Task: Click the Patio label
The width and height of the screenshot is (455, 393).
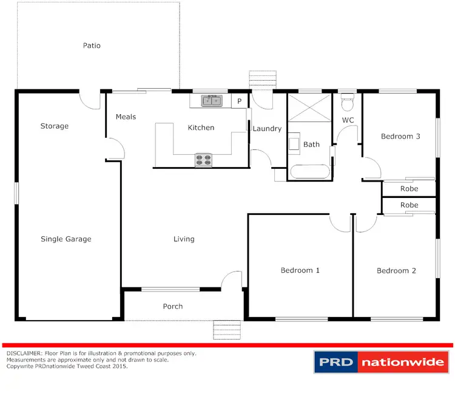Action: [x=92, y=46]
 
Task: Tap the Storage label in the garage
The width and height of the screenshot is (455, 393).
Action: [x=55, y=126]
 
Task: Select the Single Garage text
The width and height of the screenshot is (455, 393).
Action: [x=66, y=239]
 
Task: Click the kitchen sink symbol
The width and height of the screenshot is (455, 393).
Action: [x=212, y=101]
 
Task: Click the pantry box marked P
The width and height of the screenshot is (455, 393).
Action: [x=240, y=101]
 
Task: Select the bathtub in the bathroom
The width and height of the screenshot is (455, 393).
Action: [x=309, y=171]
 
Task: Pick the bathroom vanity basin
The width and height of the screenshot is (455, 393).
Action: [x=294, y=143]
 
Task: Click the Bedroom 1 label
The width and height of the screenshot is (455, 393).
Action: [x=300, y=270]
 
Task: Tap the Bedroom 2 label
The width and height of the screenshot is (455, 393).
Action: [x=396, y=271]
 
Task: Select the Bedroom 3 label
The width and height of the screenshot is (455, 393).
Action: [x=400, y=137]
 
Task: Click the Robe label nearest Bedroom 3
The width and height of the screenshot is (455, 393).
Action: [x=409, y=189]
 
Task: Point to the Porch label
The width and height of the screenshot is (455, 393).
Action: [x=173, y=306]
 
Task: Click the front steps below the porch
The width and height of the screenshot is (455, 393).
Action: [x=227, y=330]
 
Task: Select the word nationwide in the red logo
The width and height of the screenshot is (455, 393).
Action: [x=401, y=363]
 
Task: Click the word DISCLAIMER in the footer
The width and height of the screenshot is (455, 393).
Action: [x=24, y=353]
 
